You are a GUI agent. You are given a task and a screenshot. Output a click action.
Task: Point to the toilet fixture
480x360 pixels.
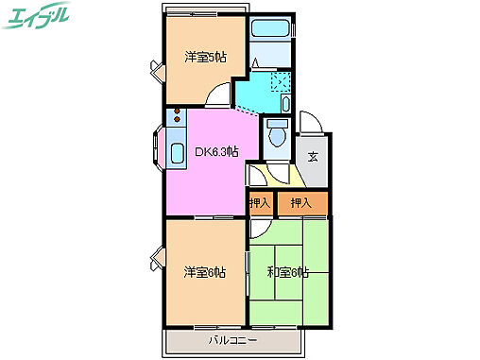click(x=278, y=136)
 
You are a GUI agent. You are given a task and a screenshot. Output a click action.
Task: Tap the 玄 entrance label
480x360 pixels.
click(x=311, y=157)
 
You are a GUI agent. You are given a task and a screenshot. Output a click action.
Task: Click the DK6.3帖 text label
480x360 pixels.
click(x=216, y=151)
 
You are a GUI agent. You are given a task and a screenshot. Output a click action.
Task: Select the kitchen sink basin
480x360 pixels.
click(x=176, y=155)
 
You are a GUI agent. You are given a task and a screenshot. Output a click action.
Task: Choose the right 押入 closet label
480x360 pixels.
click(x=302, y=202)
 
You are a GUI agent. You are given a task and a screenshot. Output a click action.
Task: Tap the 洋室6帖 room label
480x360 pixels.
click(x=203, y=273)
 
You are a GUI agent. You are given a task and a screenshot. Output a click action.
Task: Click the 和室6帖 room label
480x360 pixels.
click(x=289, y=273)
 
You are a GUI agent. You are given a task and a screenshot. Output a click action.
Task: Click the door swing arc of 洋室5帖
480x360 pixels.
click(x=219, y=94)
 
